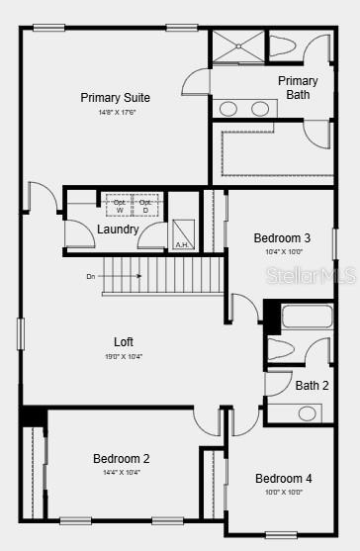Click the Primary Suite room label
115,98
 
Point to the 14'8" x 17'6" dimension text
115,111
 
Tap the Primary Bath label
298,88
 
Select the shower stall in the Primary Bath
237,47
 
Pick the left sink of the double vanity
227,108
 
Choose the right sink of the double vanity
261,108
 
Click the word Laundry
118,230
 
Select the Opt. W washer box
120,206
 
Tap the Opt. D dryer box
145,206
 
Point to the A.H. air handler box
182,234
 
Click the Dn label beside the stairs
91,277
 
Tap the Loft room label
124,342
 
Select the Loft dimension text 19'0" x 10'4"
124,356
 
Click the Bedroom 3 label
282,238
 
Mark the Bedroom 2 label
122,459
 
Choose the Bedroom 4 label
283,479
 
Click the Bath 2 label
312,386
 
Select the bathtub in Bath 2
308,317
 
